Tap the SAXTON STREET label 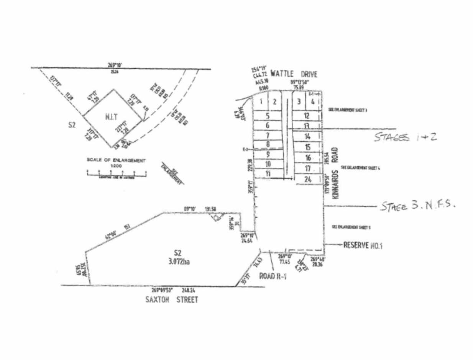172,299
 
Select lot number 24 307,179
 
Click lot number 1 260,101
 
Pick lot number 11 268,173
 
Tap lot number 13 306,126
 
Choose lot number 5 268,115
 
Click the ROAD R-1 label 273,276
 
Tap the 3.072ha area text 177,263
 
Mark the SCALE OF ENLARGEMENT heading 116,160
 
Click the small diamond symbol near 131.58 217,218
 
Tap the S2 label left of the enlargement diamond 71,125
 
